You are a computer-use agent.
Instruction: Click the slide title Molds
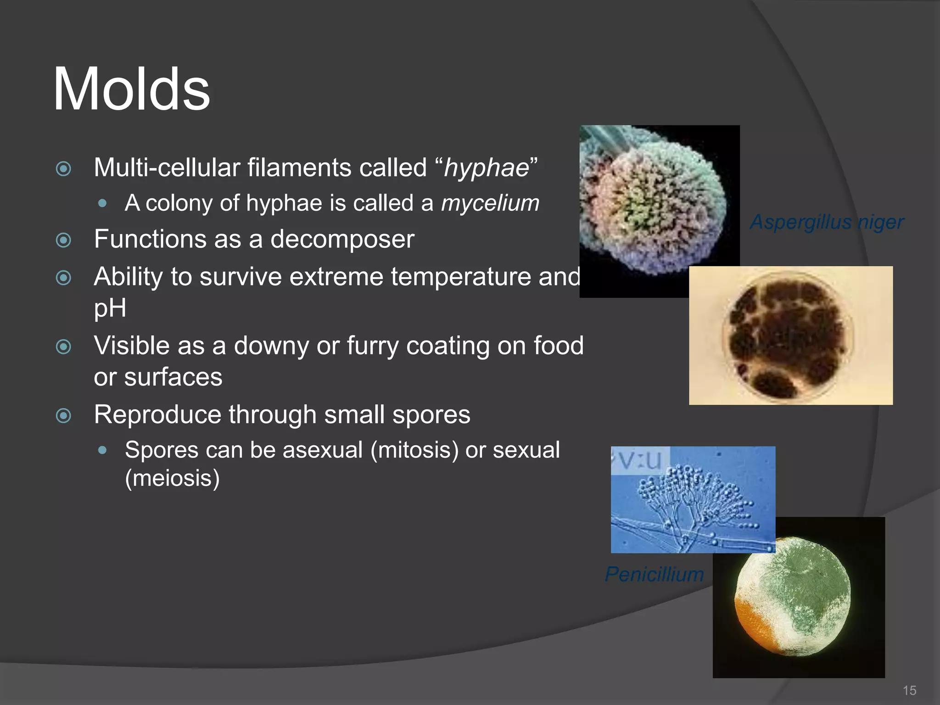[131, 89]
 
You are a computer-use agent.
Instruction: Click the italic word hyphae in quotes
[487, 168]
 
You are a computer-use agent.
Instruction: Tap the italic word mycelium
[490, 203]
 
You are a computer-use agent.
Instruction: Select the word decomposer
[342, 239]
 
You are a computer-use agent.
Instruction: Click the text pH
[110, 308]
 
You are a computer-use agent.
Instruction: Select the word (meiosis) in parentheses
[172, 478]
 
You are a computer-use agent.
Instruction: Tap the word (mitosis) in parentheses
[414, 450]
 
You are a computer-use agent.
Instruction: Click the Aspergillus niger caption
[826, 222]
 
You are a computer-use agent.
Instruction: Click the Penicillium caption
[654, 574]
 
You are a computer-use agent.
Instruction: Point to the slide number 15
[909, 690]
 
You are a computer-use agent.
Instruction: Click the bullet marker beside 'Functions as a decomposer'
[63, 240]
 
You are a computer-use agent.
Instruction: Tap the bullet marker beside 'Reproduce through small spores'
[63, 416]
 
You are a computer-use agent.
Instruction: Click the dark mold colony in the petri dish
[785, 335]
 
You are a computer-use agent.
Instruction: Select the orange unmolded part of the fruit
[753, 624]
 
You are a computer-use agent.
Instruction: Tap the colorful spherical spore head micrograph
[652, 207]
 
